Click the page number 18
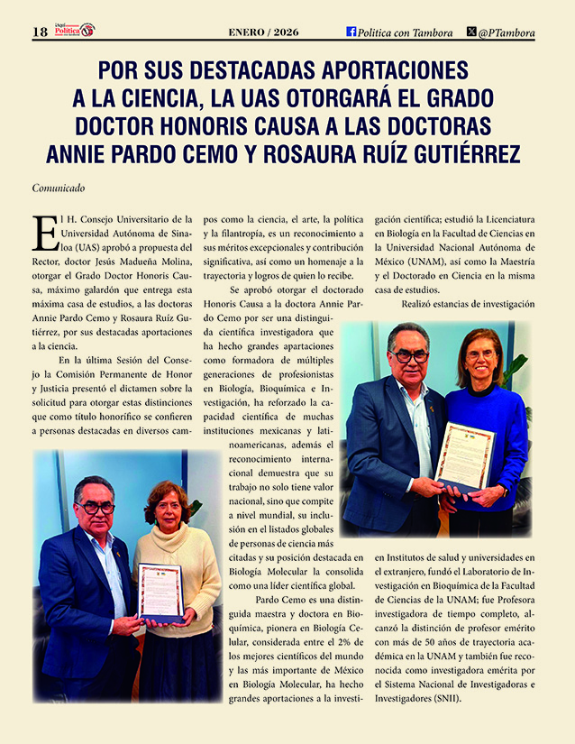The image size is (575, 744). (x=40, y=32)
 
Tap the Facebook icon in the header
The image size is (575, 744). (x=351, y=32)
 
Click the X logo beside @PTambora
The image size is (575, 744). (x=471, y=32)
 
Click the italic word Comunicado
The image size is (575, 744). (x=59, y=188)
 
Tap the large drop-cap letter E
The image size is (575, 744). (x=44, y=232)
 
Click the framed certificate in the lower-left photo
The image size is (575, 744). (x=160, y=592)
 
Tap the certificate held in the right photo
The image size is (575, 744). (x=464, y=455)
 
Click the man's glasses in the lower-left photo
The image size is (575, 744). (x=96, y=508)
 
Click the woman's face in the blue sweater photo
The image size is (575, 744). (x=480, y=354)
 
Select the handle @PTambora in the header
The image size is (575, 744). (x=507, y=32)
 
